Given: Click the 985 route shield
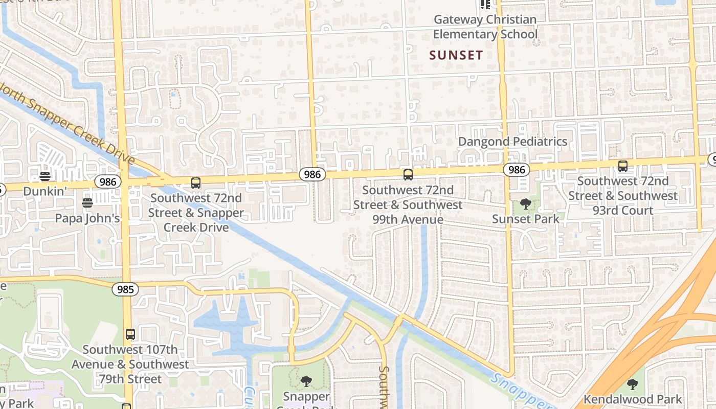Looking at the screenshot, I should pyautogui.click(x=125, y=290).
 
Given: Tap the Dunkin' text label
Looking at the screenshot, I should pyautogui.click(x=45, y=191).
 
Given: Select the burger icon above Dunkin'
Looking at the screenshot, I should pyautogui.click(x=45, y=176).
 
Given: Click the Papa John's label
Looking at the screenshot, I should pyautogui.click(x=87, y=218).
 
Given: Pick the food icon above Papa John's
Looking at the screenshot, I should pyautogui.click(x=87, y=203).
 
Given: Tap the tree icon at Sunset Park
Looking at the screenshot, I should pyautogui.click(x=525, y=204).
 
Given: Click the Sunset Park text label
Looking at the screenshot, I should pyautogui.click(x=526, y=219).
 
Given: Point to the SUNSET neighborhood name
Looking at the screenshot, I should pyautogui.click(x=456, y=55).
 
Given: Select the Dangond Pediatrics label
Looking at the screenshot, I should pyautogui.click(x=512, y=142).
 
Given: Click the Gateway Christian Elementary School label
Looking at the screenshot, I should pyautogui.click(x=485, y=27).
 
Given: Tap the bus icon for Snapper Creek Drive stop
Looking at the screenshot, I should pyautogui.click(x=196, y=183).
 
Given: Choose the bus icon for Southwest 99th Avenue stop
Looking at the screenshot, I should pyautogui.click(x=408, y=175).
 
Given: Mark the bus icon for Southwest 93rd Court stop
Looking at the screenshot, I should pyautogui.click(x=622, y=166).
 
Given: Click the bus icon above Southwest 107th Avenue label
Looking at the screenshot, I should pyautogui.click(x=130, y=334).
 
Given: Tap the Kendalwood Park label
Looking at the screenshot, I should pyautogui.click(x=633, y=399).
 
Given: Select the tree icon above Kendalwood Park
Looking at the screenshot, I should pyautogui.click(x=633, y=384).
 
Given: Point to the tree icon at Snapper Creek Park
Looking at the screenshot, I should pyautogui.click(x=306, y=381).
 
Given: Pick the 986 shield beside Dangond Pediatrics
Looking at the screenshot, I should pyautogui.click(x=517, y=169).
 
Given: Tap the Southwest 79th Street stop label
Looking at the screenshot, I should pyautogui.click(x=130, y=365).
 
